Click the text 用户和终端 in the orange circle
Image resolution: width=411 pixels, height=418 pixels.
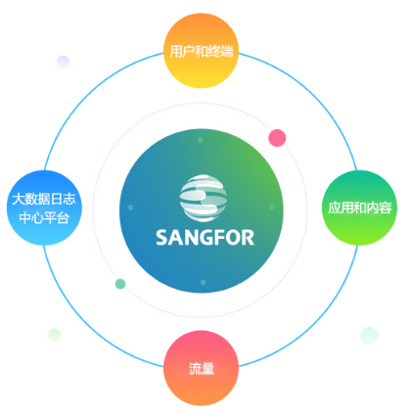pos(202,52)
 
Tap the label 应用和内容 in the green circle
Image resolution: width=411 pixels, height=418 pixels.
pos(360,208)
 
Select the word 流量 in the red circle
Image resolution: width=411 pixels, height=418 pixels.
pos(202,369)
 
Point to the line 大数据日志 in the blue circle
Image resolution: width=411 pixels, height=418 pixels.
pos(44,199)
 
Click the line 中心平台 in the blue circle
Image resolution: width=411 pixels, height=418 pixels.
pos(44,218)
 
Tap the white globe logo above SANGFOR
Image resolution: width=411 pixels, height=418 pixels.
pos(203,198)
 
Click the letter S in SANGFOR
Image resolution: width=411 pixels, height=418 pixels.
pos(161,238)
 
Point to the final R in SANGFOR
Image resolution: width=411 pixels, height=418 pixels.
pos(249,238)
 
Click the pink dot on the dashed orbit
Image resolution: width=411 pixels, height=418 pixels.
pos(277,138)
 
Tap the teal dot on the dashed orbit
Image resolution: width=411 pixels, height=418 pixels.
pos(120,284)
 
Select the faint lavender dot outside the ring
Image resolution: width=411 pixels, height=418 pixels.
pos(64,62)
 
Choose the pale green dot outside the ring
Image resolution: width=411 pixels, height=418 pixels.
pos(55,335)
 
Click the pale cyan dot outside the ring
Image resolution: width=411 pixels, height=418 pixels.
pos(369,336)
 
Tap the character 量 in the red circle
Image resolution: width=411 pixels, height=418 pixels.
pos(207,369)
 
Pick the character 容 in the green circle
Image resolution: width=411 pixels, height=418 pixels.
pos(386,208)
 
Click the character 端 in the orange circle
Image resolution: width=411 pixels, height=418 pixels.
pos(227,52)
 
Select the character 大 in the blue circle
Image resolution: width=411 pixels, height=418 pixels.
pos(19,199)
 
